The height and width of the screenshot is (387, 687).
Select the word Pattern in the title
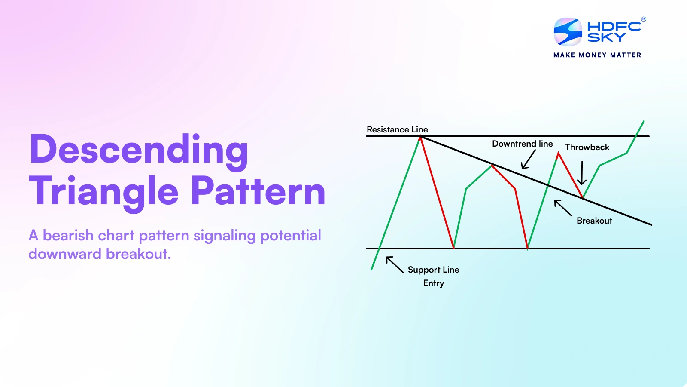pos(258,191)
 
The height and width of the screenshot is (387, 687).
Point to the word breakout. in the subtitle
pos(138,254)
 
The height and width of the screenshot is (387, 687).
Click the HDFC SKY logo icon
pos(568,32)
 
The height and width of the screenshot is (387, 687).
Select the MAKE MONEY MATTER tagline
pos(597,55)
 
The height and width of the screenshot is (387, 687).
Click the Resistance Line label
pos(397,129)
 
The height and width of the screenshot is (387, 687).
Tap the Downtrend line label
pos(522,144)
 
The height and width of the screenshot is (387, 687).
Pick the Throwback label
pos(587,147)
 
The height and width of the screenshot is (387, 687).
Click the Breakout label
pos(594,221)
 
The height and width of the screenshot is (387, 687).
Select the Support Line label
pos(433,270)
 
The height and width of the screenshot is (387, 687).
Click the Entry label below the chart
pos(433,283)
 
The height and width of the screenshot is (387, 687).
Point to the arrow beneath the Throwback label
pos(582,173)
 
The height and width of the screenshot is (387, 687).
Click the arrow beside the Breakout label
pos(562,208)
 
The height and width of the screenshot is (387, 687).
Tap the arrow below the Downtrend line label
pos(528,160)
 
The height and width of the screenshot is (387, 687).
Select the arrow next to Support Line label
pos(394,264)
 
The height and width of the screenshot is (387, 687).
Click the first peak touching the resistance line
pos(420,137)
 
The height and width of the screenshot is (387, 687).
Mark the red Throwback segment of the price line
pos(570,175)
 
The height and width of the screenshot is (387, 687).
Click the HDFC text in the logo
pos(614,26)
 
